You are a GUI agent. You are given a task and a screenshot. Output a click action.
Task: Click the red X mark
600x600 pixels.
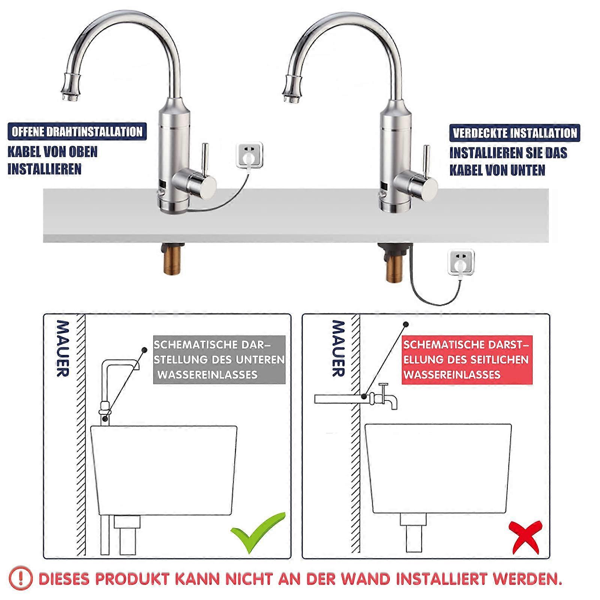pyautogui.click(x=525, y=536)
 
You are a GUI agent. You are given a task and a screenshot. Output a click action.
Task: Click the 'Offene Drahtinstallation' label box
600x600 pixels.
pyautogui.click(x=77, y=132)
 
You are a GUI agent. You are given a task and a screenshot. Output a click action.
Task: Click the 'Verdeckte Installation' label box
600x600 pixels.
pyautogui.click(x=514, y=133)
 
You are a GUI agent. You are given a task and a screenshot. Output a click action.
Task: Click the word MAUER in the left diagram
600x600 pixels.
pyautogui.click(x=62, y=348)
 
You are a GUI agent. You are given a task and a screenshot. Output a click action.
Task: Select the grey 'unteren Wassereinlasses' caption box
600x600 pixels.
pyautogui.click(x=219, y=359)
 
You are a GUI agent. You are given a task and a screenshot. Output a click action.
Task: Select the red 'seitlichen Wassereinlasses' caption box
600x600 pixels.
pyautogui.click(x=466, y=359)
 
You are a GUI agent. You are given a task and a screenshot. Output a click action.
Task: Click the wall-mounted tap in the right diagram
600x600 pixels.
pyautogui.click(x=384, y=397)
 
